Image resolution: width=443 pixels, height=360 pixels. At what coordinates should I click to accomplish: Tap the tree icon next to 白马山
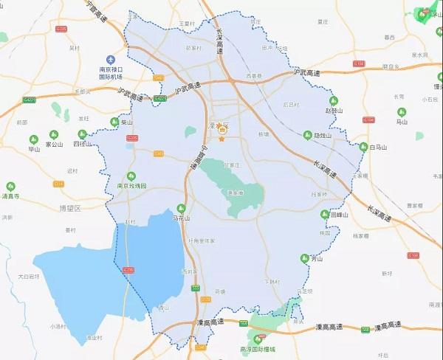(363, 148)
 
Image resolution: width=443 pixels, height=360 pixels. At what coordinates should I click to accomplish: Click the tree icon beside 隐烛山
(307, 135)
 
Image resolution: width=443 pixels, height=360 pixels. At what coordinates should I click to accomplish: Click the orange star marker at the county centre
(221, 139)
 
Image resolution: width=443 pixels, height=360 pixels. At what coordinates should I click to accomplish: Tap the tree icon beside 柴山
(114, 122)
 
